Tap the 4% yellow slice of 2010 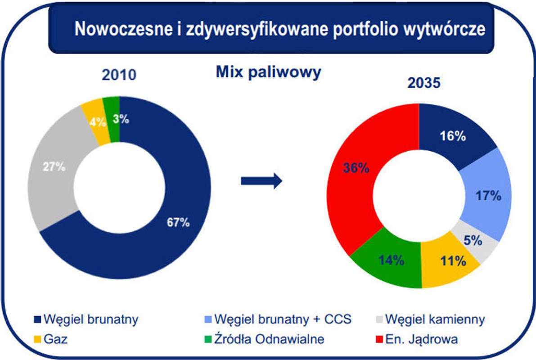97,121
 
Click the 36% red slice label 356,168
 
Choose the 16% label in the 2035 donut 452,136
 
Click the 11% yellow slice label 451,261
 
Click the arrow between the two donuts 261,181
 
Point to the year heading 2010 119,75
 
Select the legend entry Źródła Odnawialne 269,339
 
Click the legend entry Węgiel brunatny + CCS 283,320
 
